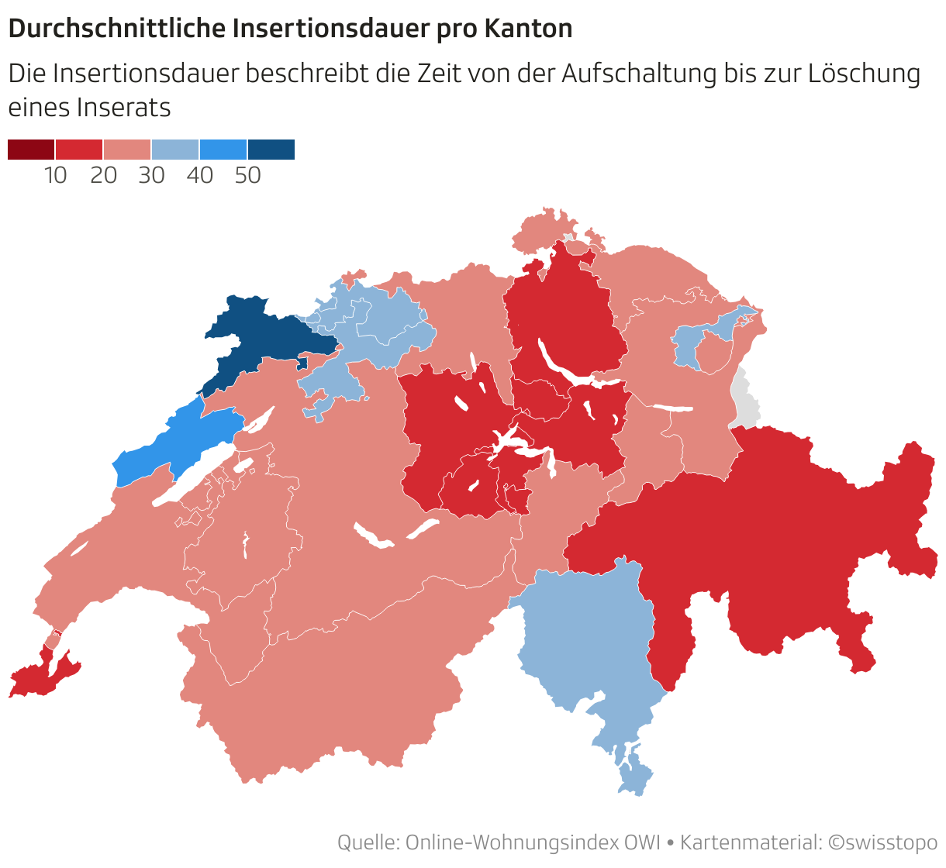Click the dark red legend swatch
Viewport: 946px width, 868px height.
coord(31,150)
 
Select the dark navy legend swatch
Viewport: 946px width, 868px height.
coord(271,150)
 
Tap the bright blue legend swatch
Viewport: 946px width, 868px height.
coord(223,150)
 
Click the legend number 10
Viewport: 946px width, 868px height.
coord(56,176)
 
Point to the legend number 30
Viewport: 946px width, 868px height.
coord(152,176)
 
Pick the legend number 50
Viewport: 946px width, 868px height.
coord(248,176)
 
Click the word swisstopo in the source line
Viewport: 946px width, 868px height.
coord(892,842)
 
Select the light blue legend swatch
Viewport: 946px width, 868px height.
coord(175,150)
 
